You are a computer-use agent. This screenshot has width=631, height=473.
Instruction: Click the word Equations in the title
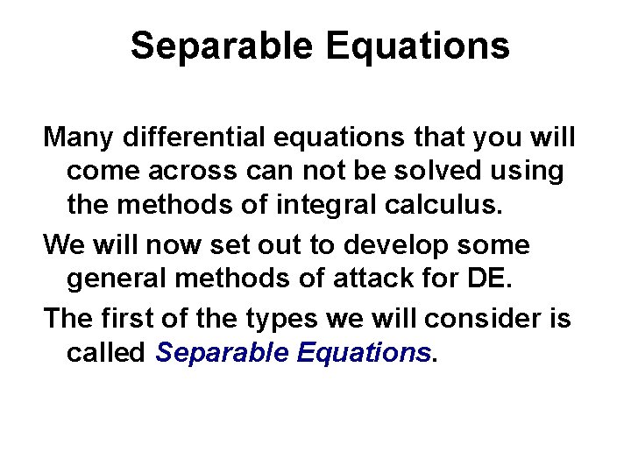(x=418, y=46)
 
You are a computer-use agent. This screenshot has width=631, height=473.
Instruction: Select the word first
(x=126, y=317)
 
